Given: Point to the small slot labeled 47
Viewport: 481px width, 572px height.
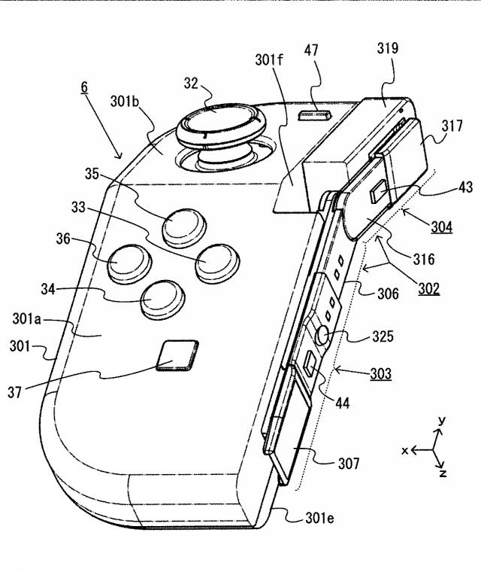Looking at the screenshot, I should (316, 116).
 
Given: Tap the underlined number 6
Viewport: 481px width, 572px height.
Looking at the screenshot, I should (85, 87).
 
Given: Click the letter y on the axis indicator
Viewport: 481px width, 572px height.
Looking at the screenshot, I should (443, 420).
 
